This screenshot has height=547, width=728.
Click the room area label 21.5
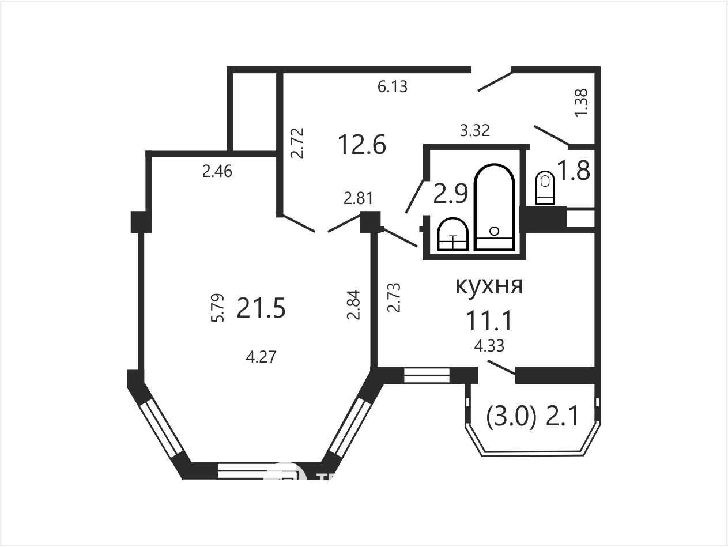pyautogui.click(x=261, y=308)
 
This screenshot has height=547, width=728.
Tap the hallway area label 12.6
pyautogui.click(x=362, y=145)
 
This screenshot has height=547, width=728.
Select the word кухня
pyautogui.click(x=489, y=285)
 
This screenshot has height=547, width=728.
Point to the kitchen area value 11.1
pyautogui.click(x=489, y=320)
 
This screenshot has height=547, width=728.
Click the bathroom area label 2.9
pyautogui.click(x=451, y=194)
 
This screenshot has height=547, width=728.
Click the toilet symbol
pyautogui.click(x=545, y=188)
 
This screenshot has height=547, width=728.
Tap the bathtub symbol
pyautogui.click(x=494, y=207)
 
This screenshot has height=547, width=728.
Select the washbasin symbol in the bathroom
pyautogui.click(x=452, y=234)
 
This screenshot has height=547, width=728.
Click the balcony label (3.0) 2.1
pyautogui.click(x=533, y=417)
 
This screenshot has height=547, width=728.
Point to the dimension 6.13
pyautogui.click(x=393, y=87)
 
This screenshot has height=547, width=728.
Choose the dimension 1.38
pyautogui.click(x=582, y=103)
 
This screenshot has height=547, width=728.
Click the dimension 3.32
pyautogui.click(x=475, y=131)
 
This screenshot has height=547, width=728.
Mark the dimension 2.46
pyautogui.click(x=217, y=172)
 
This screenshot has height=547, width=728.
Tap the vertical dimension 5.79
pyautogui.click(x=218, y=308)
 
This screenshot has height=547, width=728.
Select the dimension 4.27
pyautogui.click(x=261, y=357)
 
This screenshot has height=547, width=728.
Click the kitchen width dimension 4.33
pyautogui.click(x=489, y=346)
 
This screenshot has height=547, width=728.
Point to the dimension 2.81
pyautogui.click(x=358, y=198)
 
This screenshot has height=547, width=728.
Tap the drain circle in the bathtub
pyautogui.click(x=494, y=231)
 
